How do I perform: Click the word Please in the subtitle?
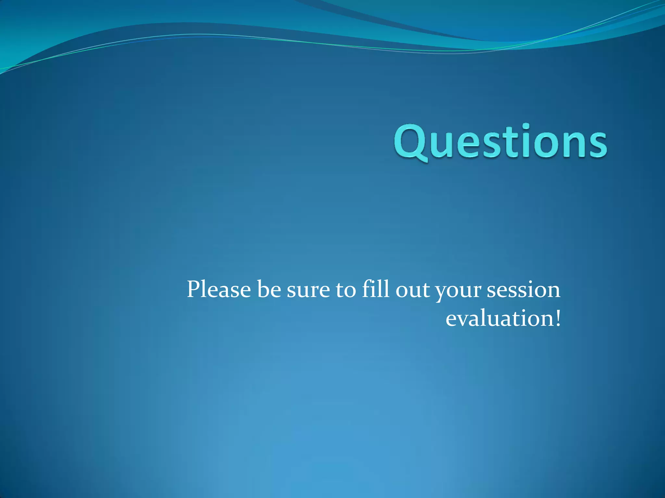(x=219, y=289)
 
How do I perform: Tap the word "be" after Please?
(x=269, y=289)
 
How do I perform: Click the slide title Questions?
(x=500, y=143)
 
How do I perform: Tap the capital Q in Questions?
(x=410, y=143)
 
